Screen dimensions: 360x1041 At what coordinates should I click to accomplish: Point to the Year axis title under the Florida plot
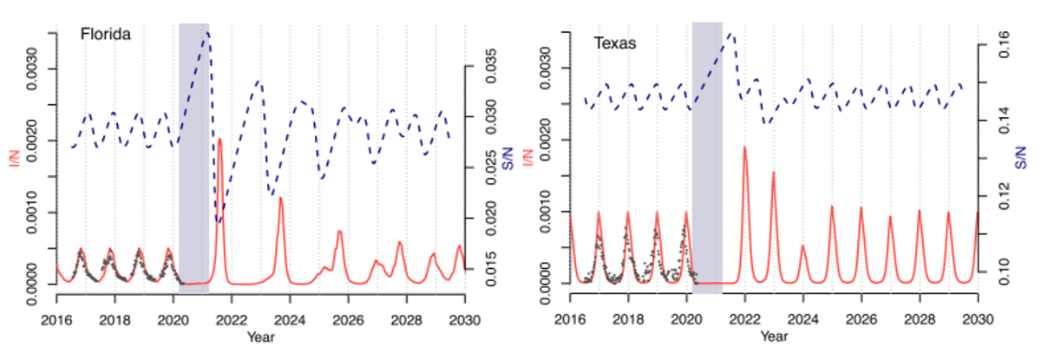click(x=258, y=335)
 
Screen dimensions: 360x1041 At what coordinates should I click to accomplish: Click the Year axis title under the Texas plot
click(x=773, y=335)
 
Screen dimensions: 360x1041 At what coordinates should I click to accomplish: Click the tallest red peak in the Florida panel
click(x=219, y=140)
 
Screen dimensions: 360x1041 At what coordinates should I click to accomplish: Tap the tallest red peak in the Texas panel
click(x=744, y=147)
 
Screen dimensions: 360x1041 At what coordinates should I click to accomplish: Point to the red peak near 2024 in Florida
click(x=280, y=199)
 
